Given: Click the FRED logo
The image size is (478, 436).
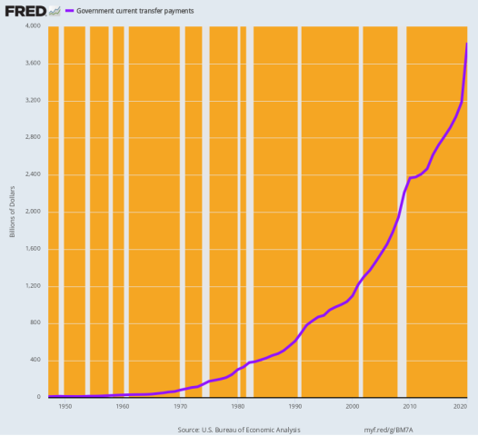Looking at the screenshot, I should [23, 10].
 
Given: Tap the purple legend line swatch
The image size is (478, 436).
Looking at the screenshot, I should [69, 11].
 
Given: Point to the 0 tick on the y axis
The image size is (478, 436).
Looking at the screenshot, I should [40, 397].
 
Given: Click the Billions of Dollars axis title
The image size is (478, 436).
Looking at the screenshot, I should [13, 213].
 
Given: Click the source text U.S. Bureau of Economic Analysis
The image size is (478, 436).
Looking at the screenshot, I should [238, 429].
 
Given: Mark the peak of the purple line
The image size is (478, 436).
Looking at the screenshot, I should [467, 44].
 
